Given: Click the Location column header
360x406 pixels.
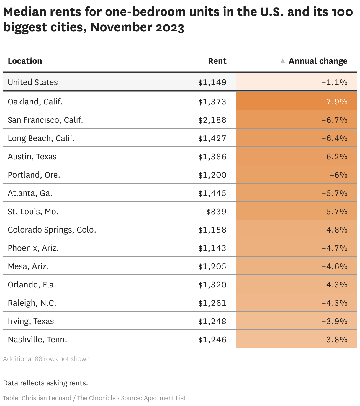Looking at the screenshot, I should (25, 61).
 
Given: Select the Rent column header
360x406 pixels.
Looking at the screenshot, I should (217, 61).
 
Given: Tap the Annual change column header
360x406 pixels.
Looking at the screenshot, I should (318, 61).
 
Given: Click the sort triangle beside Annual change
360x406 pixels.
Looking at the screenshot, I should (282, 61).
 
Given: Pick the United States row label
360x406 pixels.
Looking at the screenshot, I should (33, 82).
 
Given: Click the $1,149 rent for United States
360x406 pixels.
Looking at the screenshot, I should (212, 82).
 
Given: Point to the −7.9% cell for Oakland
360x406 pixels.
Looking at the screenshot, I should (334, 102).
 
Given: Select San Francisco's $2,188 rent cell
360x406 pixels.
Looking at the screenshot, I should (212, 120).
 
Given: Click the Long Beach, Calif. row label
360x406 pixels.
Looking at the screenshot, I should (41, 138).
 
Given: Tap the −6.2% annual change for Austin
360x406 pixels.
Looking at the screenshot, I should (334, 157).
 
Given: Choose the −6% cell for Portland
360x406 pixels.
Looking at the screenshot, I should (338, 175).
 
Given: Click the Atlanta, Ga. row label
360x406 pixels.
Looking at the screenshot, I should (30, 193).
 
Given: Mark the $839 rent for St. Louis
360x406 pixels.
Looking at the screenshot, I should (216, 212).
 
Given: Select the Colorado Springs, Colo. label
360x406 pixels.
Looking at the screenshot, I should (52, 230).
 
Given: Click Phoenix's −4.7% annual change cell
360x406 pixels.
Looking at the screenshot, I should (334, 248).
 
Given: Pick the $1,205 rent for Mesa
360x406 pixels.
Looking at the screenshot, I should (212, 266).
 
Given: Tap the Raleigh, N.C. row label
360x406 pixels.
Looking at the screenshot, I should (32, 303).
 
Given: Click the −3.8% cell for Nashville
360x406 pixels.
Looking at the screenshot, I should (334, 340).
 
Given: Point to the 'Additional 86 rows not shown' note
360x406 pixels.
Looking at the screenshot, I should (47, 359).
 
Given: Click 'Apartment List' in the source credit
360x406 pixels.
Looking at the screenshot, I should (165, 398).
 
